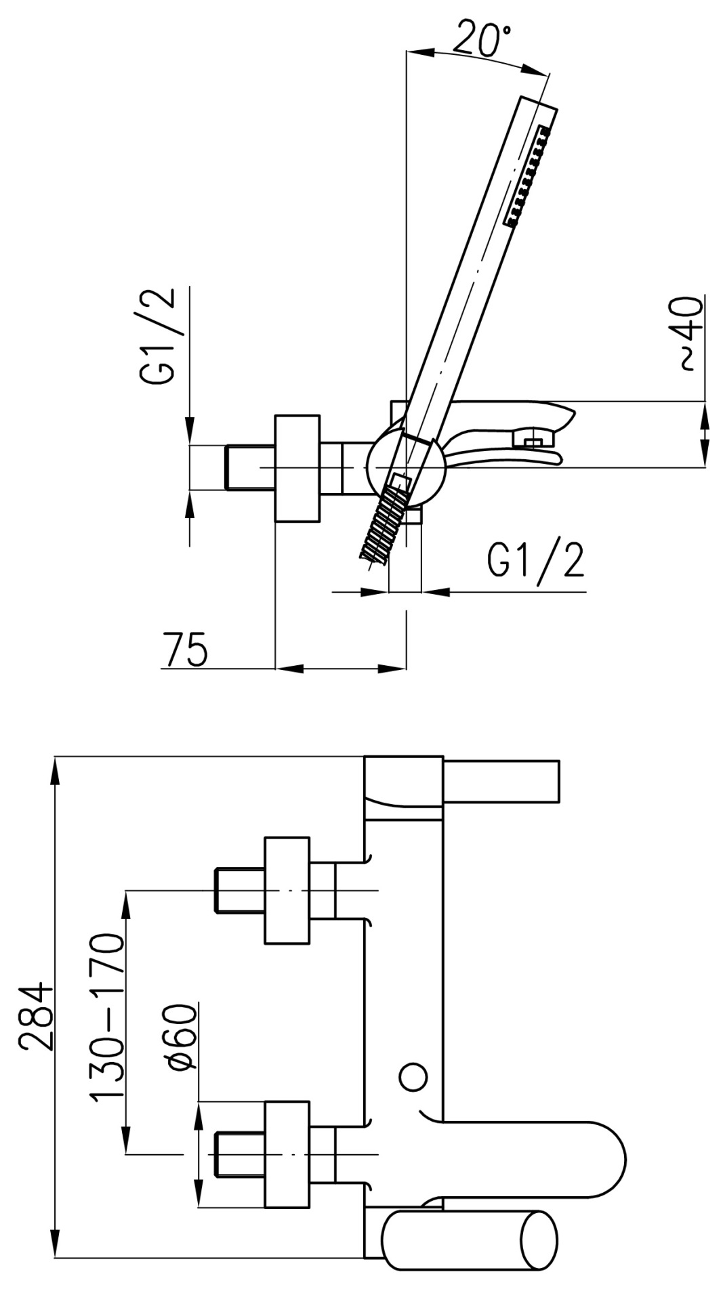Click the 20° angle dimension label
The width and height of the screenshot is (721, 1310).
482,39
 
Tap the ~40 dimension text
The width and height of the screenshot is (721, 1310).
691,333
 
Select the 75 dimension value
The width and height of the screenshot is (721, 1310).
186,649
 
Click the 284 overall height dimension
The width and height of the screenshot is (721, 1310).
35,1016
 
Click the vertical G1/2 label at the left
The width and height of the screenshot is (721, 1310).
159,337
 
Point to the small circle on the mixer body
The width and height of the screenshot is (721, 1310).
412,1076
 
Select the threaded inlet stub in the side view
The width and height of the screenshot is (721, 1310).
249,467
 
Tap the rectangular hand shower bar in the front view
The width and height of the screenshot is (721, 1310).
501,781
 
